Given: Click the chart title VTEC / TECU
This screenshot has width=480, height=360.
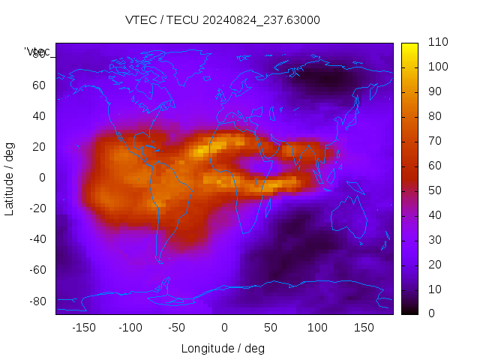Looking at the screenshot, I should [223, 20].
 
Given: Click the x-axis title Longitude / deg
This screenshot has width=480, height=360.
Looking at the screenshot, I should [223, 348].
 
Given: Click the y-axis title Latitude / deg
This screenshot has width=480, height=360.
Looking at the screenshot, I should [10, 178].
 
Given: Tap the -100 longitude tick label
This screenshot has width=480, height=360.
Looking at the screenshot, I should [130, 328].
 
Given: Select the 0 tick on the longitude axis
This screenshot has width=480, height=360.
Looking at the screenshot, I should [223, 328].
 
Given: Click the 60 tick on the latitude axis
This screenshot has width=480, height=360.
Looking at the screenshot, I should [39, 85].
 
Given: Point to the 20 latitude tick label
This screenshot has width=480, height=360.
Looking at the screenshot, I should [39, 146].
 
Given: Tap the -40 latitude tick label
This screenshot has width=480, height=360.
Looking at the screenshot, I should [36, 239].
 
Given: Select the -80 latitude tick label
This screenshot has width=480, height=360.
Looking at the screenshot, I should [36, 301].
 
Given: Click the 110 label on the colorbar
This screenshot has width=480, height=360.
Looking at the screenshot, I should [438, 43].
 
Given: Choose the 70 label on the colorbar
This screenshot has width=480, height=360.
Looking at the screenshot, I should [435, 141].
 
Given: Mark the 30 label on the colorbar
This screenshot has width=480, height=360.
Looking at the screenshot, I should [435, 240].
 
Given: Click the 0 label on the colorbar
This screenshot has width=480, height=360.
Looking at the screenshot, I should [432, 313].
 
